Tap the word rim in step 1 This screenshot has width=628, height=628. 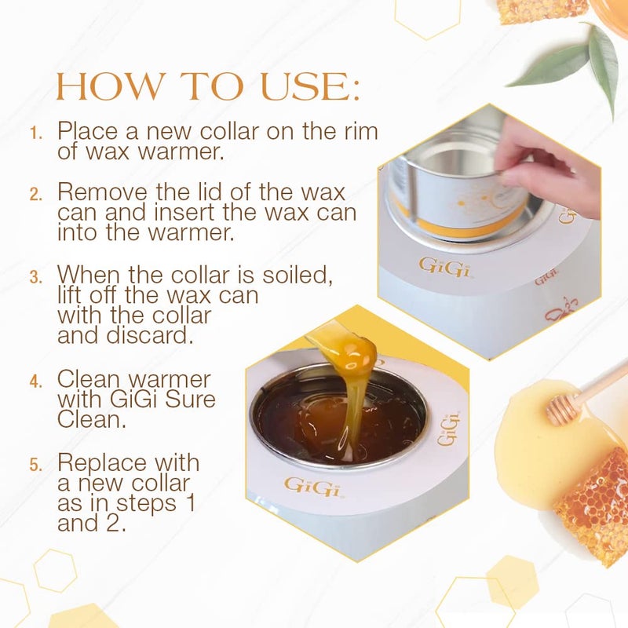(360, 130)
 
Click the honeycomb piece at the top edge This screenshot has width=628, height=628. (542, 9)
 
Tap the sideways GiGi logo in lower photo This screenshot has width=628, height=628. (448, 428)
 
